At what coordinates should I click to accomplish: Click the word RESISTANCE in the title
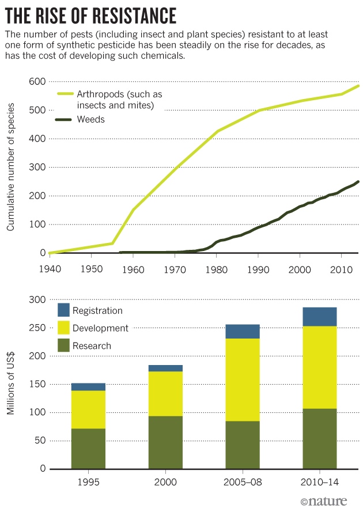click(134, 16)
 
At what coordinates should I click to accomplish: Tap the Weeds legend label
click(90, 119)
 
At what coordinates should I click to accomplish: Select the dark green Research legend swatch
click(63, 345)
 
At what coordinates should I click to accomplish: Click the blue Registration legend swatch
click(63, 310)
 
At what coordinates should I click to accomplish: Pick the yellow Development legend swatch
click(63, 328)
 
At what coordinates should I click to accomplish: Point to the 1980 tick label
click(217, 269)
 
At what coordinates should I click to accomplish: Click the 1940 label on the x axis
click(50, 269)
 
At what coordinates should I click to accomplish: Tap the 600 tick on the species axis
click(37, 81)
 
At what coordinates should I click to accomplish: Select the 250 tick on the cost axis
click(37, 328)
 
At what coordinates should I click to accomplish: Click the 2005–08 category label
click(243, 482)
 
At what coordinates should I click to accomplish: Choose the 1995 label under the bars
click(88, 482)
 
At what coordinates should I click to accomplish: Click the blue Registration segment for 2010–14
click(320, 317)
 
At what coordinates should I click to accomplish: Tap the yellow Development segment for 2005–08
click(243, 380)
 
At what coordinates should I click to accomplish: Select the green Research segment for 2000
click(165, 443)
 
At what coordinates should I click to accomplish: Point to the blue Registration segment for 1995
click(88, 387)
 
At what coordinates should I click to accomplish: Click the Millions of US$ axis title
click(10, 383)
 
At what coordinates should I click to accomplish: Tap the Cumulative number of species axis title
click(10, 167)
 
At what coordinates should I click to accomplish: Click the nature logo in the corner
click(323, 501)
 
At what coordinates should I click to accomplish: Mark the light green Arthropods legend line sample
click(66, 94)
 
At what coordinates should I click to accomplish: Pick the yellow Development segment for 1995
click(88, 409)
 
